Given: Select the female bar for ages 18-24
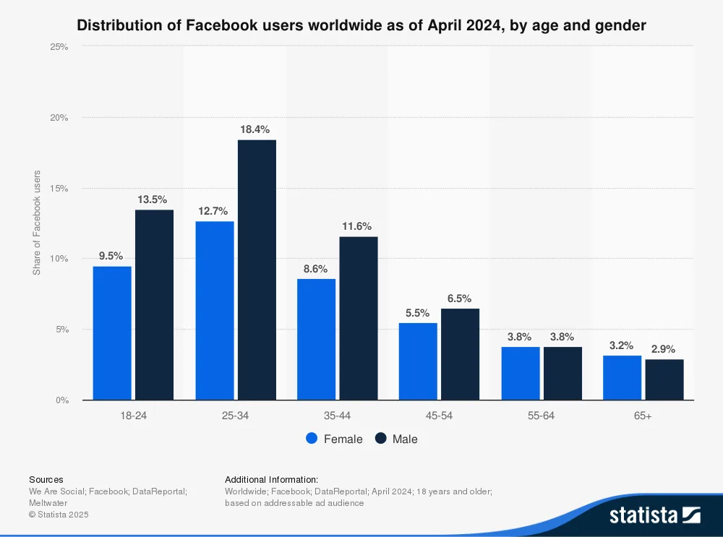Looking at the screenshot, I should pyautogui.click(x=112, y=333).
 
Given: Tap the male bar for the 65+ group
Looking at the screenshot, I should pyautogui.click(x=664, y=379).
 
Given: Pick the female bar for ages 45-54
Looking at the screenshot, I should pyautogui.click(x=418, y=361).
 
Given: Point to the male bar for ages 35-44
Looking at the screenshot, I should pyautogui.click(x=359, y=318).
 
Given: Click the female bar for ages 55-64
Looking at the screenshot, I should pyautogui.click(x=521, y=373).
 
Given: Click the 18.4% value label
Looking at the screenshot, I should pyautogui.click(x=255, y=129).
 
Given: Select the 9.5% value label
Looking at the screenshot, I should pyautogui.click(x=111, y=256).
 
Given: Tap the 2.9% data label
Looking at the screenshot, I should pyautogui.click(x=664, y=349).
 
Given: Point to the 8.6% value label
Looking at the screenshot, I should pyautogui.click(x=315, y=268).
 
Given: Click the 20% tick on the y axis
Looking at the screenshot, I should pyautogui.click(x=59, y=118).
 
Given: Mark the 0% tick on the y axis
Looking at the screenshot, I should pyautogui.click(x=61, y=400).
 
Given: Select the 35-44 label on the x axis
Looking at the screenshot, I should pyautogui.click(x=337, y=416).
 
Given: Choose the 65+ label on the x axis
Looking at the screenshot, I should pyautogui.click(x=643, y=416).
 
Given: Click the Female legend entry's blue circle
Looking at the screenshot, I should pyautogui.click(x=312, y=439).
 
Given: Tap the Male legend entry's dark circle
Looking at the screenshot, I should pyautogui.click(x=381, y=439).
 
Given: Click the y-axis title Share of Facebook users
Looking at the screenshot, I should pyautogui.click(x=37, y=223).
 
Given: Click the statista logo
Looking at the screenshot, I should pyautogui.click(x=654, y=515).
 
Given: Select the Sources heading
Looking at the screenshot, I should pyautogui.click(x=46, y=479).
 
